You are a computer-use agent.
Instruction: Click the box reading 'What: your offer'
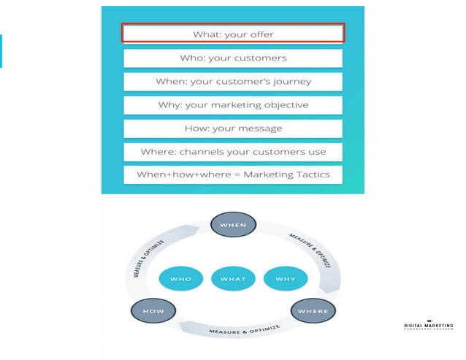pos(232,34)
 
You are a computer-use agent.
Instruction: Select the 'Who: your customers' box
pos(232,58)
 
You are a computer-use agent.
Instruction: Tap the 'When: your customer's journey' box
pos(232,81)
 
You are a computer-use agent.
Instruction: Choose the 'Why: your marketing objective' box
pos(232,104)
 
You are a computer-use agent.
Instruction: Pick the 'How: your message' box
pos(232,128)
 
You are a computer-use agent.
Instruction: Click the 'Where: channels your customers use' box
pos(232,151)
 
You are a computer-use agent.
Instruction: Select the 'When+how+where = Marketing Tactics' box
pos(232,175)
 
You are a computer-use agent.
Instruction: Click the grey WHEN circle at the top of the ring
pos(233,224)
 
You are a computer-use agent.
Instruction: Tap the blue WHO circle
pos(180,278)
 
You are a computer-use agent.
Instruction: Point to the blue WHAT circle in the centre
pos(233,278)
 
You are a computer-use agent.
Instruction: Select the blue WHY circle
pos(285,278)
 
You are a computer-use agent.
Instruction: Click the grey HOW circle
pos(153,311)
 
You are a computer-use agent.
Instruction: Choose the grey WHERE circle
pos(313,311)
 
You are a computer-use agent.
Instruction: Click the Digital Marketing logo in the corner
pos(428,325)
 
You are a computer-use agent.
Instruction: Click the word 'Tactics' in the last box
pos(311,175)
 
